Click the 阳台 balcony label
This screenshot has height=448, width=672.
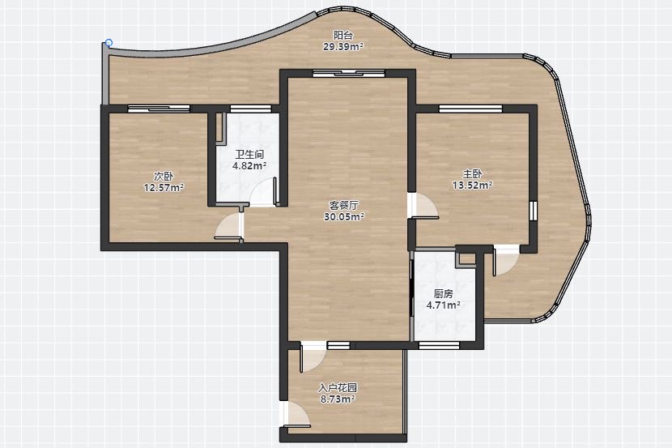342,35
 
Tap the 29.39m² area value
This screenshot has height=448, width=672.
342,47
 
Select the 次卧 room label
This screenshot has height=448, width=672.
164,176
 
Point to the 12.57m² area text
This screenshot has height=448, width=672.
164,188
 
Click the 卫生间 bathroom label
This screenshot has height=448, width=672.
249,155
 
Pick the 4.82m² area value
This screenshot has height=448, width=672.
249,165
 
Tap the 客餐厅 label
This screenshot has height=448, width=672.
344,205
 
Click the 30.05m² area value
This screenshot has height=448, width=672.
344,217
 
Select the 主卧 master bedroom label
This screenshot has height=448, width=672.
472,174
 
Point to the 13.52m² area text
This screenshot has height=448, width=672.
472,186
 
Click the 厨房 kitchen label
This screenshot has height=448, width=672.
443,294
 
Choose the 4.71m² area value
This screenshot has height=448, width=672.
443,305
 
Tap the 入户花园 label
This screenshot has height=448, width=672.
338,388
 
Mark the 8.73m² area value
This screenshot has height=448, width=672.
338,399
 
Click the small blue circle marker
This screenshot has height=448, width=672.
108,43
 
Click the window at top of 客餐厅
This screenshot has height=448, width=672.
348,73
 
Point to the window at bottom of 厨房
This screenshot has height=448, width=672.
439,345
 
